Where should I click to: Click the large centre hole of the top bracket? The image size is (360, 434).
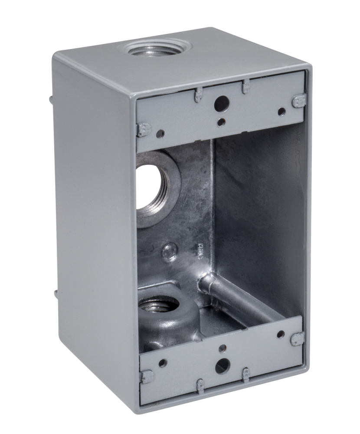[222, 103]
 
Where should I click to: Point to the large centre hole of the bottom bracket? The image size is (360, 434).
[222, 366]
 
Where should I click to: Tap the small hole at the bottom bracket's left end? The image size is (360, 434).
[163, 363]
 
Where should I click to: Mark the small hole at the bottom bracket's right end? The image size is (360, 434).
[281, 335]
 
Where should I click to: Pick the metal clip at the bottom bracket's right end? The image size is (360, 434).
[298, 339]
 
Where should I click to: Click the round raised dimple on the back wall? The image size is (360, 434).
[170, 250]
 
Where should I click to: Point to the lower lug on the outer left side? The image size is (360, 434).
[56, 294]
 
